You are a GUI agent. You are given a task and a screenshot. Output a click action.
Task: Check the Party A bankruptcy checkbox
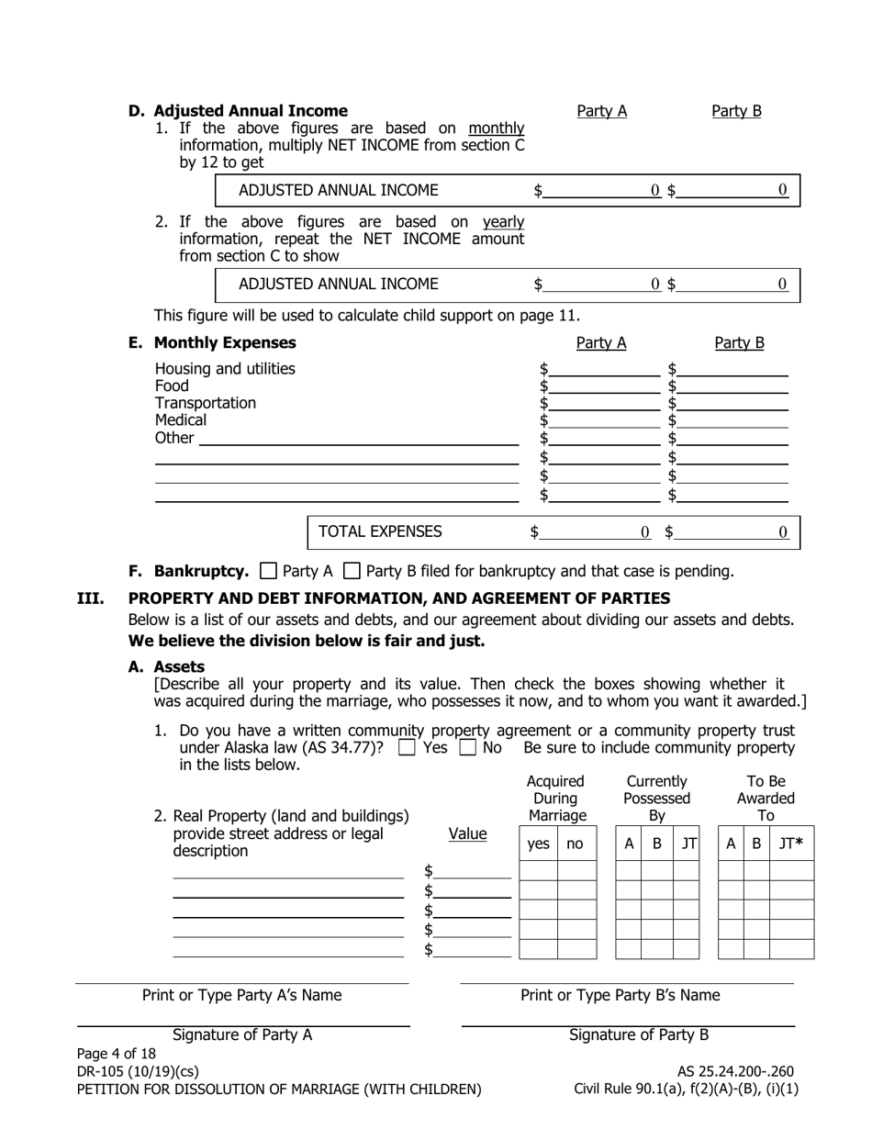(x=268, y=571)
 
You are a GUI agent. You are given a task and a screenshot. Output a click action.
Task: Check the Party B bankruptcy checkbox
(x=351, y=571)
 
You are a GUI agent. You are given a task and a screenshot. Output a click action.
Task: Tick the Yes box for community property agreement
(x=408, y=748)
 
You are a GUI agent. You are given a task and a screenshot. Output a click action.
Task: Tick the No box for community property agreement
(x=468, y=748)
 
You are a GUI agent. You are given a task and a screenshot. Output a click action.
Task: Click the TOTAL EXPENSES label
(x=379, y=531)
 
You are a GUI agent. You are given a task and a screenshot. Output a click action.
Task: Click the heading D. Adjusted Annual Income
(x=238, y=111)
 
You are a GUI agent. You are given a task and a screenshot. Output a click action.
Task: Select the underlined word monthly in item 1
(x=496, y=129)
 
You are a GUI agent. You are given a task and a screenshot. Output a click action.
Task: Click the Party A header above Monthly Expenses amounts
(x=601, y=343)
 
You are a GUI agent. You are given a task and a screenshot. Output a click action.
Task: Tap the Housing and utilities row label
(x=225, y=369)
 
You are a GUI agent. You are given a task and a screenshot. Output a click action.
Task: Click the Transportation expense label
(x=206, y=403)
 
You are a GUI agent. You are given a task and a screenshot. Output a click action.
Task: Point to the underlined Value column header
(x=467, y=833)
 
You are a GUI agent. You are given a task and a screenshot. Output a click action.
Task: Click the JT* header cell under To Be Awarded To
(x=790, y=843)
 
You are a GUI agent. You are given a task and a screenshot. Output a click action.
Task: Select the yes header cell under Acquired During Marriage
(x=538, y=843)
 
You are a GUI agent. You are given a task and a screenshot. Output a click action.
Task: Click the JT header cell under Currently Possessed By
(x=687, y=843)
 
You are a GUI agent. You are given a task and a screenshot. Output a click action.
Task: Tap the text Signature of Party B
(x=639, y=1035)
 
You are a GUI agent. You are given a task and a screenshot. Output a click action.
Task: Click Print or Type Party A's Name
(x=241, y=995)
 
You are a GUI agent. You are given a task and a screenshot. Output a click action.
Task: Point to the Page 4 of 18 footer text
(x=117, y=1054)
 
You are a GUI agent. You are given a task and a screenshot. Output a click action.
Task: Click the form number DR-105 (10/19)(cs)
(x=138, y=1071)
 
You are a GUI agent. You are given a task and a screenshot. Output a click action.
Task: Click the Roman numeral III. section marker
(x=89, y=598)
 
